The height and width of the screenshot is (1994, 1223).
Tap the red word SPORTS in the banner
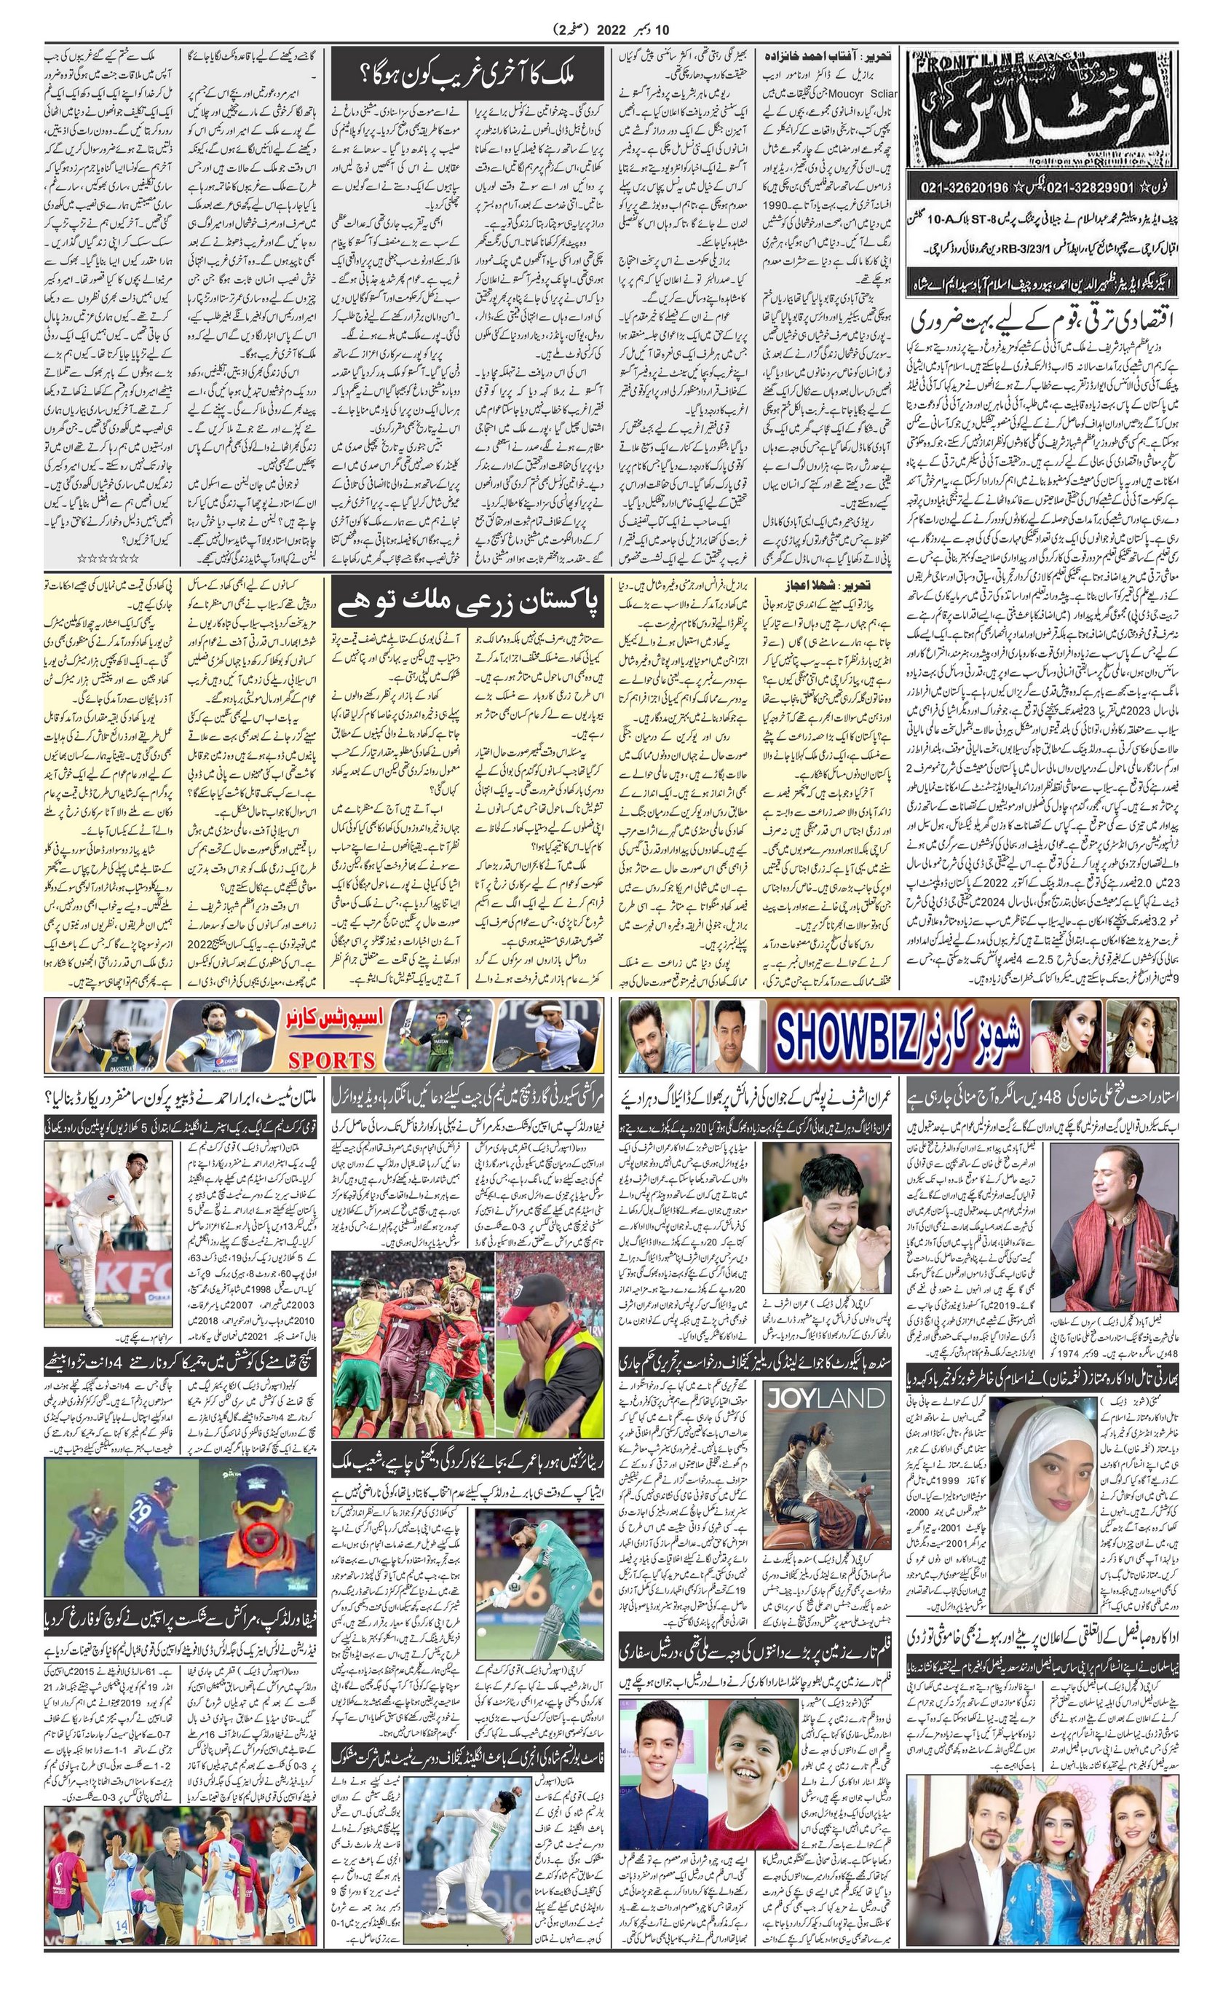click(x=332, y=1060)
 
